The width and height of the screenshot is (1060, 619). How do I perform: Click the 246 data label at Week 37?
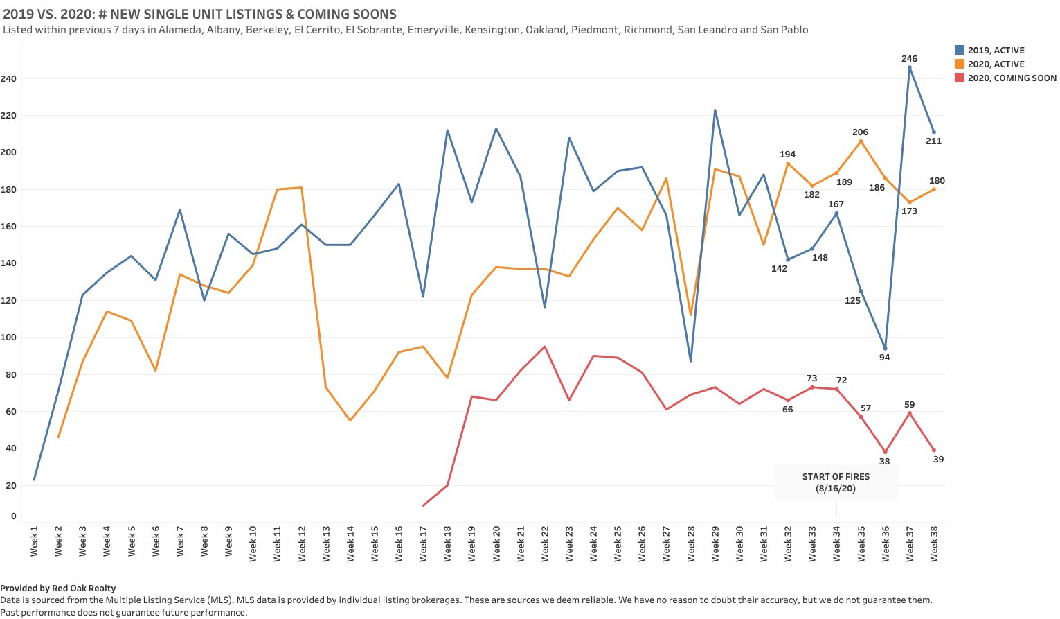click(x=909, y=59)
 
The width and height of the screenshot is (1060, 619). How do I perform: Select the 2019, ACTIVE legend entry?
click(x=996, y=51)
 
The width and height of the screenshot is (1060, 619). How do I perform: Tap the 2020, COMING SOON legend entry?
click(x=1012, y=78)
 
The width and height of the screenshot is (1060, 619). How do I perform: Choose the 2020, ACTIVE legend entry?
click(x=996, y=64)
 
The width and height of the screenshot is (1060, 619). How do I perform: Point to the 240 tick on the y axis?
click(x=8, y=79)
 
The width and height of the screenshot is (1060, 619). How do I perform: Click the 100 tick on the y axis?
click(x=8, y=338)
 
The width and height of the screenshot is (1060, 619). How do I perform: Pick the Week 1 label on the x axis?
click(x=34, y=541)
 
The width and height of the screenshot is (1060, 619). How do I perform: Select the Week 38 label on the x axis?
click(x=934, y=543)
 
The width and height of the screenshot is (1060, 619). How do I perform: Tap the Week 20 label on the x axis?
click(x=496, y=543)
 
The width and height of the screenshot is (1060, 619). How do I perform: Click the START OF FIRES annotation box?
click(x=836, y=482)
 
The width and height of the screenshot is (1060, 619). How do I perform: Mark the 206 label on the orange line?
click(x=860, y=132)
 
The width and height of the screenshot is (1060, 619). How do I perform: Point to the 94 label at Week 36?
click(x=884, y=358)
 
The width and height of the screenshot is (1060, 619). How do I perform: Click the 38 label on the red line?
click(x=884, y=462)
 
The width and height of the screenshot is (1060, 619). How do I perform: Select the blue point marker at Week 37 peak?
click(x=909, y=67)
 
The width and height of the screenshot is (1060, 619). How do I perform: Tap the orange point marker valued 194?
click(x=788, y=164)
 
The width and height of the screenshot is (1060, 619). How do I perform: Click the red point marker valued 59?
click(x=909, y=413)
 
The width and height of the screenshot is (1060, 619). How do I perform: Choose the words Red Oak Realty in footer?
click(x=84, y=589)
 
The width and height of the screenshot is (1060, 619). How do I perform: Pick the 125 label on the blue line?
click(x=852, y=301)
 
